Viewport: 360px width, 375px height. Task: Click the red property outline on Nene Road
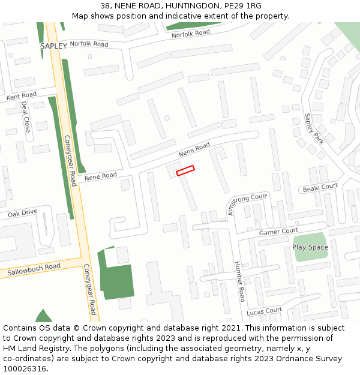tap(185, 170)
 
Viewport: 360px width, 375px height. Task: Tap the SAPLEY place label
tap(53, 46)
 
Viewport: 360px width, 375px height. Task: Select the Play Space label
tap(310, 247)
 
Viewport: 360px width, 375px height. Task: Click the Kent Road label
tap(22, 95)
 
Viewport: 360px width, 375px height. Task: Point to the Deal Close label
tap(25, 116)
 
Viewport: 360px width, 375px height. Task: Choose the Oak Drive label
tap(22, 212)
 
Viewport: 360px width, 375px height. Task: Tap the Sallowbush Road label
tap(34, 270)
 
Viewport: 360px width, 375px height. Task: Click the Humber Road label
tap(240, 281)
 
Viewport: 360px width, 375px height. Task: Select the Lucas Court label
tap(264, 311)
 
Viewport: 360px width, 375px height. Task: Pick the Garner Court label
tap(278, 232)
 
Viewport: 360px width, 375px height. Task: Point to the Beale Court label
tap(320, 188)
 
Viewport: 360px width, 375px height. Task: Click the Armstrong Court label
tap(246, 204)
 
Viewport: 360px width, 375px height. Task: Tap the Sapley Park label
tap(314, 128)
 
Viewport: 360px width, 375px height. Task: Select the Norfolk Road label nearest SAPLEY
tap(89, 44)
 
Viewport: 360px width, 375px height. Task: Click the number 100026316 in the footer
tap(25, 369)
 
